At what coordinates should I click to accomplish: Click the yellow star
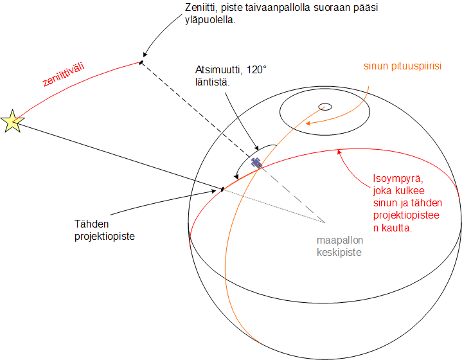point(12,122)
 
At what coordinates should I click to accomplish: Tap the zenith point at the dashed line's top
point(141,62)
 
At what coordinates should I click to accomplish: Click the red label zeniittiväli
point(64,75)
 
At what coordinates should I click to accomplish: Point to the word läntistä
point(212,82)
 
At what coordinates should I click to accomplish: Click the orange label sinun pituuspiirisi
point(402,66)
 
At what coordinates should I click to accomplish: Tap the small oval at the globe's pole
point(325,107)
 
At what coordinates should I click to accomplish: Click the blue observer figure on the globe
point(256,163)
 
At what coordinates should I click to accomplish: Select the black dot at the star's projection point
point(222,189)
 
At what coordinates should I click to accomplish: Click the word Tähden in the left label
point(92,224)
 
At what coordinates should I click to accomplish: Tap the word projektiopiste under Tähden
point(105,237)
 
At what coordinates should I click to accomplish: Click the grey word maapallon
point(340,240)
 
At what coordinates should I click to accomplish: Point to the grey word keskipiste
point(339,253)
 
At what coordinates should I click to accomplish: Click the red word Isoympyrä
point(398,179)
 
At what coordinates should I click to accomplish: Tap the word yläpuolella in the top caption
point(210,20)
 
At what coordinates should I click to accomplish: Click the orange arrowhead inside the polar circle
point(308,123)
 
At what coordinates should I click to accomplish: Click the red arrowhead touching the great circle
point(339,152)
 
